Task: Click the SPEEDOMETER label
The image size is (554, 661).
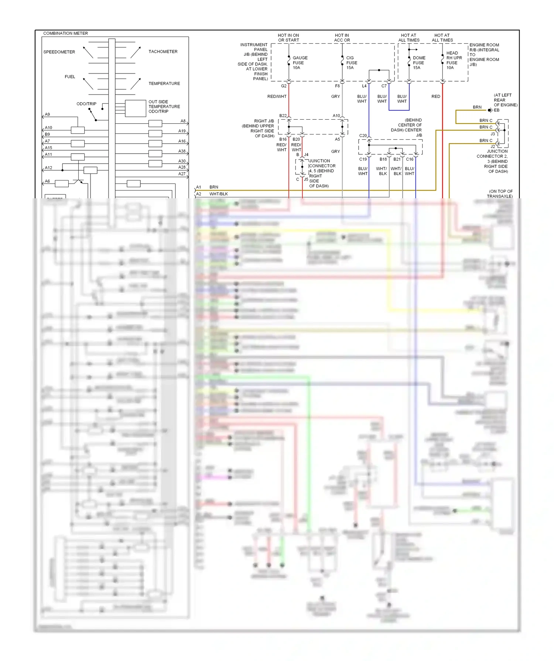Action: [x=59, y=52]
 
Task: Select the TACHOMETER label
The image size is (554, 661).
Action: [x=163, y=52]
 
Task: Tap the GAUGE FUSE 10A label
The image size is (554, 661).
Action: [x=300, y=63]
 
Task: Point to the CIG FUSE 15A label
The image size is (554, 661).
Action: [x=351, y=63]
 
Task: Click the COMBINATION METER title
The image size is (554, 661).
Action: [x=65, y=33]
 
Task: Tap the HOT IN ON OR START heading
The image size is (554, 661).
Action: [x=288, y=38]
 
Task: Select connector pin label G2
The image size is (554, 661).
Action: [x=284, y=86]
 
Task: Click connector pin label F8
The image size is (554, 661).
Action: [x=337, y=86]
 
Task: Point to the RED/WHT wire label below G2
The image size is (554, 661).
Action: [x=277, y=97]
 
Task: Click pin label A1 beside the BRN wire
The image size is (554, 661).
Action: [x=199, y=187]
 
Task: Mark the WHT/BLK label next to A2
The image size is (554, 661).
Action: [x=219, y=194]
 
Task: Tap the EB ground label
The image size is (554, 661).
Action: [x=496, y=110]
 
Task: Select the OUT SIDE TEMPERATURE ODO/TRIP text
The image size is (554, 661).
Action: [x=164, y=107]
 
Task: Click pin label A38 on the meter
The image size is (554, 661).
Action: [x=182, y=151]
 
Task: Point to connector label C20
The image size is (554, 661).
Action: [x=363, y=136]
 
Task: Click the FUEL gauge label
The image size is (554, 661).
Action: [x=70, y=77]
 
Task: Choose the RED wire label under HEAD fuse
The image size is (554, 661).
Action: [x=436, y=97]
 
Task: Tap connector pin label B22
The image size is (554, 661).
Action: [x=283, y=116]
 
